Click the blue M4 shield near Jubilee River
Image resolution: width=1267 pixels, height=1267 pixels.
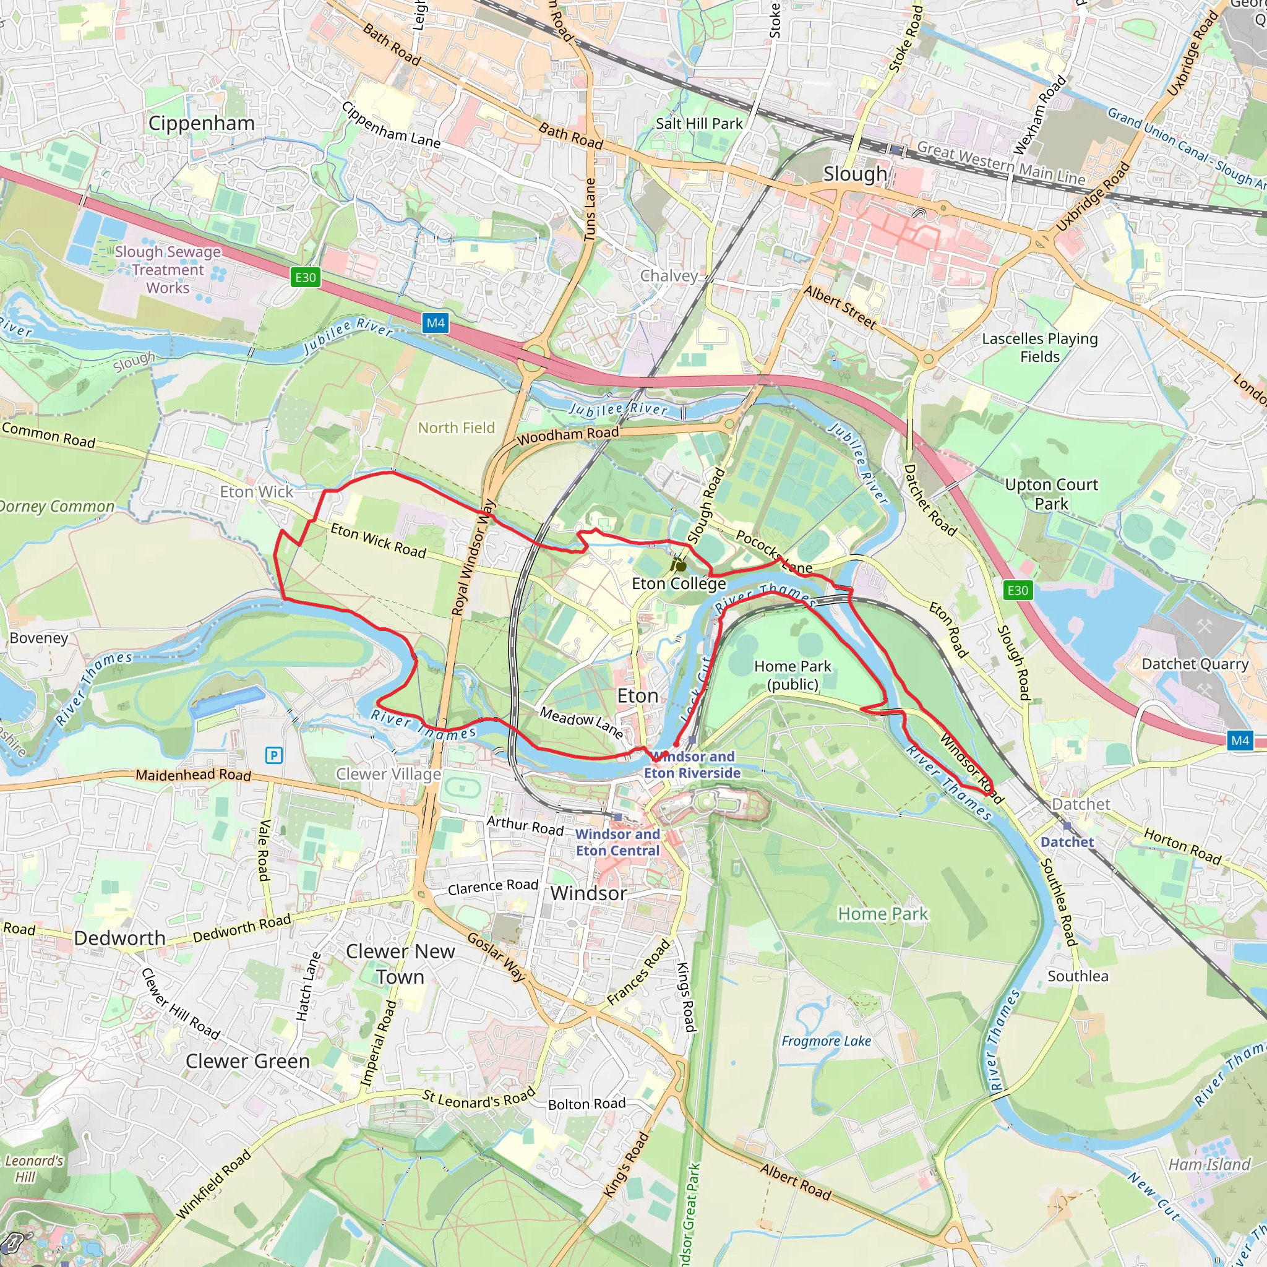tap(436, 323)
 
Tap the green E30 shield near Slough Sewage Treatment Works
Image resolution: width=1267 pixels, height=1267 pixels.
tap(306, 277)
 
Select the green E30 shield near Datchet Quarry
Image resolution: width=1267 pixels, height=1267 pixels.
tap(1017, 590)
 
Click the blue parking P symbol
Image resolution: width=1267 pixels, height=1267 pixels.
tap(274, 755)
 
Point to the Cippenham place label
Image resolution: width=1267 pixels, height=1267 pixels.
tap(201, 123)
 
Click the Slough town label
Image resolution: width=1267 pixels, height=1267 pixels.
tap(854, 174)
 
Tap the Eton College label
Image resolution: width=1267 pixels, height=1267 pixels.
tap(679, 583)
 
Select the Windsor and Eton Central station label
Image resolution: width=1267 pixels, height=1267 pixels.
tap(618, 842)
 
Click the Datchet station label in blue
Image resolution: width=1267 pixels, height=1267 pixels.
tap(1067, 842)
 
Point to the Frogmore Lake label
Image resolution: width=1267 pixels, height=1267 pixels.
tap(827, 1041)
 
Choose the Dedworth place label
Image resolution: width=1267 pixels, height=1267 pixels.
tap(119, 938)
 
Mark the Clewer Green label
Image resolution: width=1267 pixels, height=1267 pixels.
tap(247, 1061)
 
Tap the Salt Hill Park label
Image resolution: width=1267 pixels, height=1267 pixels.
tap(699, 123)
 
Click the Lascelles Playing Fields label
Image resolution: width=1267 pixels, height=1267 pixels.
tap(1039, 348)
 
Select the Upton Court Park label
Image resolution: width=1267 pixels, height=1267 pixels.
tap(1051, 494)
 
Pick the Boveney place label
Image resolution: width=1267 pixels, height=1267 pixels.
tap(39, 638)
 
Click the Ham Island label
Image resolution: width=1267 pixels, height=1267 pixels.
tap(1209, 1165)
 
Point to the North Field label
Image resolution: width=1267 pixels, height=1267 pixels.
tap(457, 427)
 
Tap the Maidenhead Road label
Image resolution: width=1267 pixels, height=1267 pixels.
tap(194, 775)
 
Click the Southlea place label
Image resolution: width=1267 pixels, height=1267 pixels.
tap(1078, 976)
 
